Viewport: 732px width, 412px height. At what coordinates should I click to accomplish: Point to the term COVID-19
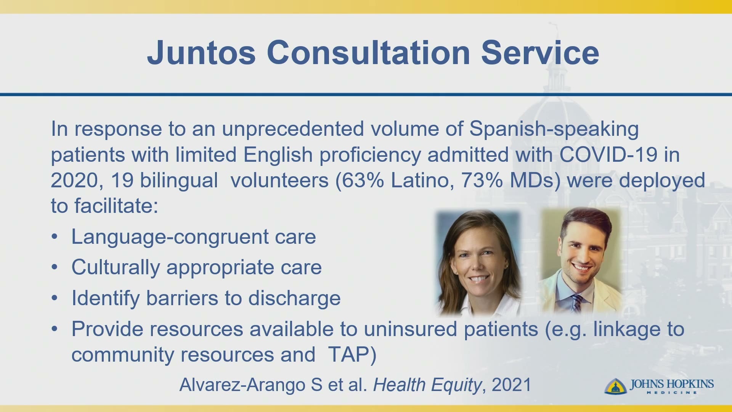coord(608,154)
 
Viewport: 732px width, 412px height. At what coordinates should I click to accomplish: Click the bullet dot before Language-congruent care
coord(55,237)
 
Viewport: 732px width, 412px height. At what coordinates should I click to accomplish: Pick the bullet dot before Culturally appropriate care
coord(55,267)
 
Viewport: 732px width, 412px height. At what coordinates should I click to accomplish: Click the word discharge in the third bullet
coord(294,298)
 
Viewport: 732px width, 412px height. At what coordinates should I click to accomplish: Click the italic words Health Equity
coord(427,385)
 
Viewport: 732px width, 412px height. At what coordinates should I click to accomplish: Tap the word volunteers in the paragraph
coord(279,180)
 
